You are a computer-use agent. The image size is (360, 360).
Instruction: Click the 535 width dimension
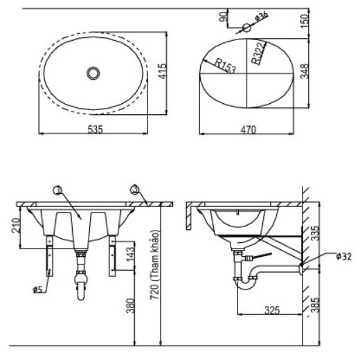pos(96,129)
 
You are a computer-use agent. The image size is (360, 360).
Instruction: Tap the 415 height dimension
pos(163,71)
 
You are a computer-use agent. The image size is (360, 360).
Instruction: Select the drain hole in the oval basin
pos(93,73)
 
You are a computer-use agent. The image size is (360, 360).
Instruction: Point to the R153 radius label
pos(226,66)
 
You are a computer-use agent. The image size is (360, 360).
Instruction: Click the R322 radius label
pos(259,53)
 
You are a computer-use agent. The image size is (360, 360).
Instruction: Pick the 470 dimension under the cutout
pos(249,129)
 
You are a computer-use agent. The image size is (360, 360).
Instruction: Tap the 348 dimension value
pos(305,71)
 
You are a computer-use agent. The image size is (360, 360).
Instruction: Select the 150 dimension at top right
pos(305,21)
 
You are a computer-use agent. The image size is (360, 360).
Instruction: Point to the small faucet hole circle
pos(247,28)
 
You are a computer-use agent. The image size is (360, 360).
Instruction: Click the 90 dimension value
pos(223,17)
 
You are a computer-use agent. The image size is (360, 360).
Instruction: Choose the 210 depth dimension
pos(16,225)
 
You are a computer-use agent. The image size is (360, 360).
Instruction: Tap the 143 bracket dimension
pos(130,254)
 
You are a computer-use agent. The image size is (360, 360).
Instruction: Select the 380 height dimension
pos(130,306)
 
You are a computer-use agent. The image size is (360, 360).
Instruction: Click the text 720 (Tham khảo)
pos(155,264)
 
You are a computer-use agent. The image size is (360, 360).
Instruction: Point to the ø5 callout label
pos(37,289)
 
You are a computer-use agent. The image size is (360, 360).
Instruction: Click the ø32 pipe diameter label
pos(344,256)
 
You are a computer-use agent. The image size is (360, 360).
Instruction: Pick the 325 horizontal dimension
pos(272,310)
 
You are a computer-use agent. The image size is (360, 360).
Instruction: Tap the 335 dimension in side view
pos(315,233)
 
